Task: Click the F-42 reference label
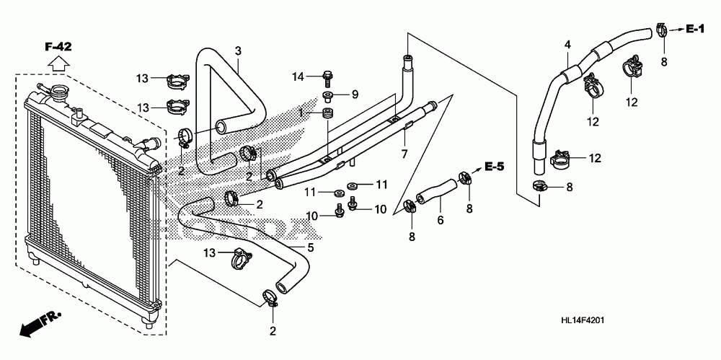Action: tap(58, 46)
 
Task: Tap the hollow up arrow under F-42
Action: tap(58, 62)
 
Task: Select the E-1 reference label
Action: tap(695, 30)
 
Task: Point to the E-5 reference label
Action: tap(495, 167)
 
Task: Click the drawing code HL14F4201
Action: tap(582, 320)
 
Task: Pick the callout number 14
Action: tap(298, 76)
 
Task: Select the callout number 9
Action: tap(355, 95)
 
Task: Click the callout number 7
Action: tap(404, 154)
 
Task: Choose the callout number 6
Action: tap(440, 221)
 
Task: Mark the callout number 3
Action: tap(238, 51)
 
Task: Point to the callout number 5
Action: tap(310, 248)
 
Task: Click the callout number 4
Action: tap(567, 45)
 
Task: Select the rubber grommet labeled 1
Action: tap(328, 114)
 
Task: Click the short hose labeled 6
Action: tap(436, 191)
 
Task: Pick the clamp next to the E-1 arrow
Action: tap(661, 29)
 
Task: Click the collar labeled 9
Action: tap(329, 97)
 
